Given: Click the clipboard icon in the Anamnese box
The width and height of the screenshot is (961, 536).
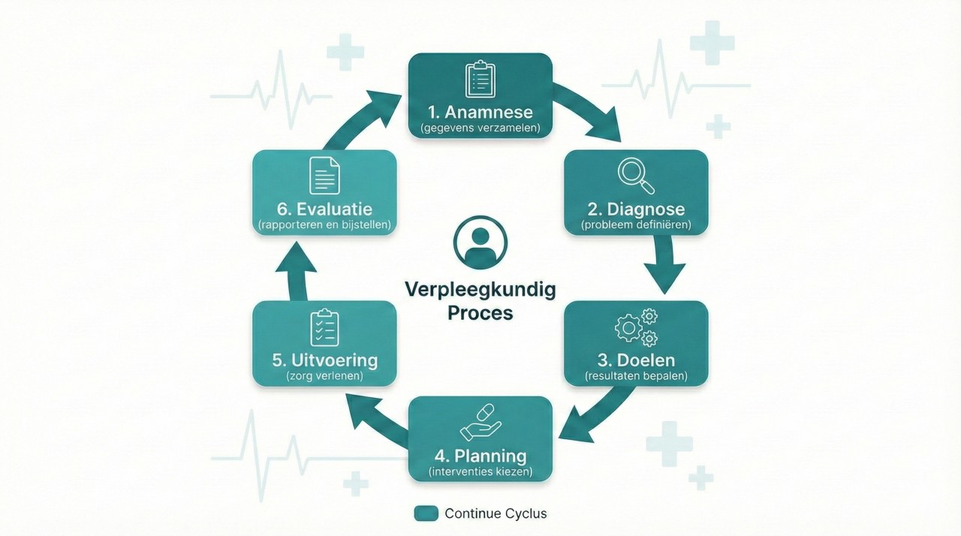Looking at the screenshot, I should click(x=480, y=79).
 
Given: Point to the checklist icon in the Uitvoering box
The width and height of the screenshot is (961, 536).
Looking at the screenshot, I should click(x=324, y=328).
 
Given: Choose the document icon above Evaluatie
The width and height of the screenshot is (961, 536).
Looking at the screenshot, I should click(x=324, y=176).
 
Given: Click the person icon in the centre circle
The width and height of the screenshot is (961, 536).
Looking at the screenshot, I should click(x=480, y=242).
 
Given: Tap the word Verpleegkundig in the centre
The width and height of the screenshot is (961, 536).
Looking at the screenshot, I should click(x=480, y=289).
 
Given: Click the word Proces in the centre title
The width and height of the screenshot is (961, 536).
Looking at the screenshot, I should click(x=480, y=312).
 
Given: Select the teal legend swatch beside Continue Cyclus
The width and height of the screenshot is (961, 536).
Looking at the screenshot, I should click(x=426, y=513).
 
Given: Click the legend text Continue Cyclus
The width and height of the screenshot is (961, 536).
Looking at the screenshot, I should click(x=496, y=513).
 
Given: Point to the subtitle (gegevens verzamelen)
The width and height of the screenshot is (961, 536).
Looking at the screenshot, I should click(x=480, y=128).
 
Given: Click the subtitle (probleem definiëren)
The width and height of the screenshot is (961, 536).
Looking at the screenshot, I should click(x=636, y=224).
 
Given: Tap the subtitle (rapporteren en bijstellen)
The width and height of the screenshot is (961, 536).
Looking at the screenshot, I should click(x=324, y=224).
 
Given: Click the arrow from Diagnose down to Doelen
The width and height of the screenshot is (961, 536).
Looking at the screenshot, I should click(x=664, y=266).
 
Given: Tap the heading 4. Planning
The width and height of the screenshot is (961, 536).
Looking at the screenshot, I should click(x=480, y=456).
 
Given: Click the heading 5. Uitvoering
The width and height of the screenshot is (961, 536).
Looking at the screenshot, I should click(x=324, y=360).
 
